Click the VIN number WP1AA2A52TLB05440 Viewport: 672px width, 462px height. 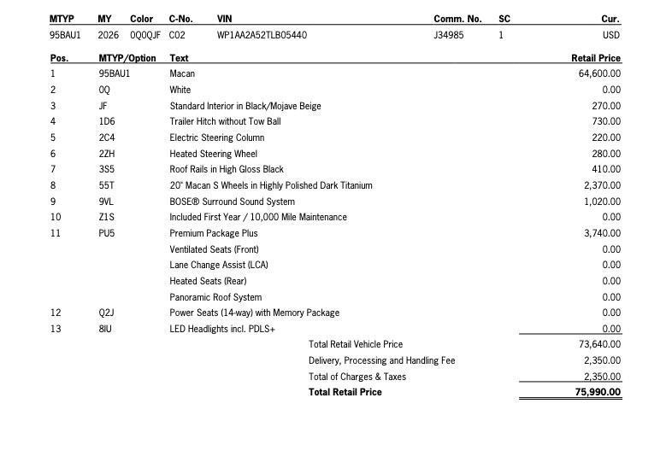point(262,35)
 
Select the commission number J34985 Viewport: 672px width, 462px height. point(449,35)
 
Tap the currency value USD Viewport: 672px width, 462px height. point(610,35)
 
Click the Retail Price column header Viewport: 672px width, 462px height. point(596,58)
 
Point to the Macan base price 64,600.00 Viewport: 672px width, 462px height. point(599,73)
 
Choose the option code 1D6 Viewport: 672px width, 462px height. point(107,121)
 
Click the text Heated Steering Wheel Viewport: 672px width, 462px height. point(213,154)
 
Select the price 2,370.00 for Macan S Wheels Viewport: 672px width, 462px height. point(602,185)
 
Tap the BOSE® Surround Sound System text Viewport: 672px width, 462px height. point(232,202)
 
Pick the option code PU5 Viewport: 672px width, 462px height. point(107,233)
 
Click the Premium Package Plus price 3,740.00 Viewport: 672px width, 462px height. point(602,233)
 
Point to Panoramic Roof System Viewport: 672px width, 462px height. point(215,297)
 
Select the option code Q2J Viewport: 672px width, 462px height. point(107,313)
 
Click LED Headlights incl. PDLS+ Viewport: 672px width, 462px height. point(222,329)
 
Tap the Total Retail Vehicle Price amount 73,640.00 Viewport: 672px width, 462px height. point(599,344)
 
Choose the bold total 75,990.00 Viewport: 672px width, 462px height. point(598,392)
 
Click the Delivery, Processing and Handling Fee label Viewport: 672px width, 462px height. point(381,360)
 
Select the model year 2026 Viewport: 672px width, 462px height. point(109,35)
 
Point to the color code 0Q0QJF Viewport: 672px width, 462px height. point(145,35)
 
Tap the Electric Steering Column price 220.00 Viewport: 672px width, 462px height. point(606,137)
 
